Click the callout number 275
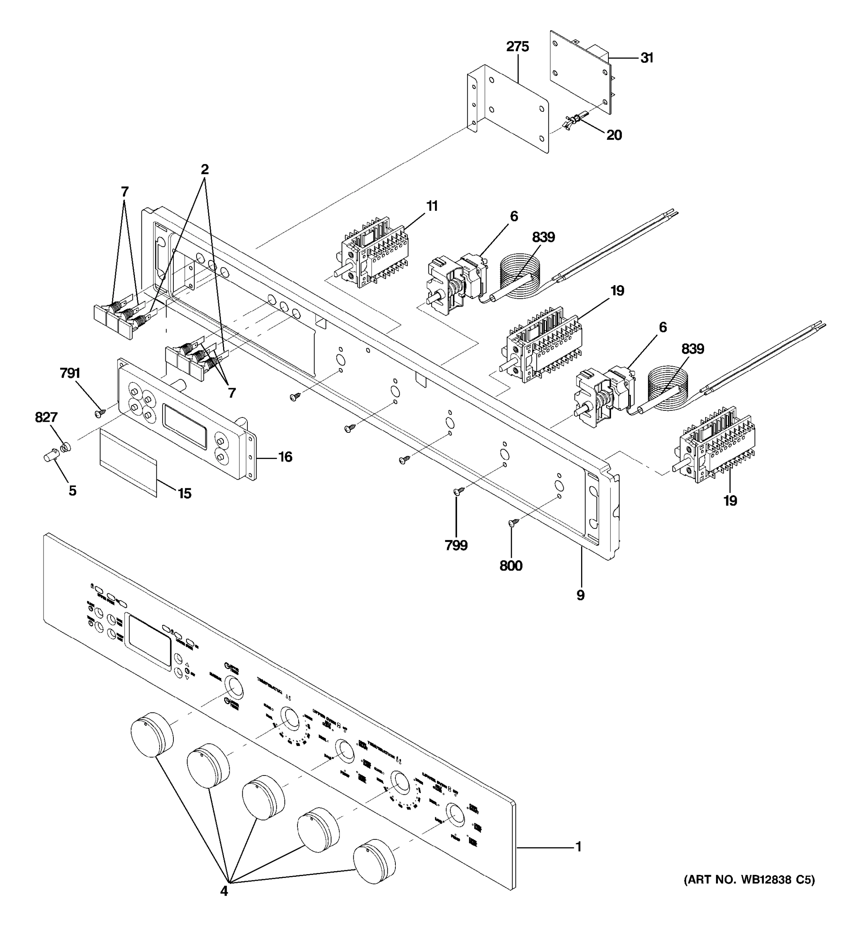tap(517, 47)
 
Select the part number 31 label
tap(647, 58)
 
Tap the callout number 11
tap(432, 206)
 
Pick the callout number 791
tap(70, 373)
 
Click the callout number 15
tap(185, 493)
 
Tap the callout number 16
tap(285, 457)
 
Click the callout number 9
tap(580, 595)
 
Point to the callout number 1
tap(579, 847)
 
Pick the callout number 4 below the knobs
tap(224, 891)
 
